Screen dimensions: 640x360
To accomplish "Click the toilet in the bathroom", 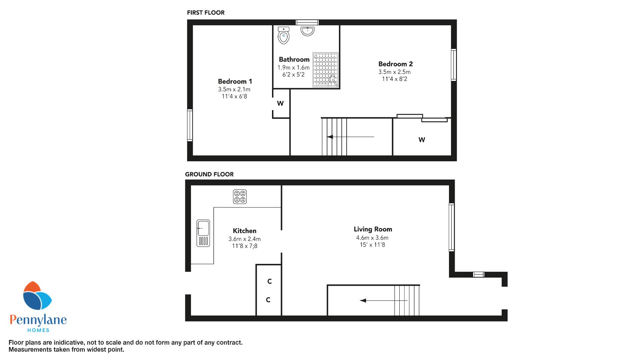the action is (x=283, y=35).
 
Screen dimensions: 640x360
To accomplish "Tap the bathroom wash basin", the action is (x=307, y=31).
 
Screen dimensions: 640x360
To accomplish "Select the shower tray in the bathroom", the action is (x=325, y=70).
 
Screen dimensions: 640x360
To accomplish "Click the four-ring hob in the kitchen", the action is (x=240, y=196).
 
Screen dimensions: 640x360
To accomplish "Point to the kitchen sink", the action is (x=203, y=233).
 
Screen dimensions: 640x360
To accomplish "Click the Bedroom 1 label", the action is (x=235, y=81).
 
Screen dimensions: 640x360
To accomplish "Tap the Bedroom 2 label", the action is (x=396, y=64).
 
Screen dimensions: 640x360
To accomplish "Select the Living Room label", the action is (x=373, y=229).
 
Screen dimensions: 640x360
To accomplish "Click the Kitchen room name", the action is (x=245, y=231).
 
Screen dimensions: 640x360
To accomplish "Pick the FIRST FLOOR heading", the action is (x=206, y=13).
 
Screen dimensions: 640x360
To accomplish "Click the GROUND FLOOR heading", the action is (x=209, y=174).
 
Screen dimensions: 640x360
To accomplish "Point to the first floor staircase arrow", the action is (x=351, y=137).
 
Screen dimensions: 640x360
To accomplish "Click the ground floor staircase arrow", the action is (x=384, y=301).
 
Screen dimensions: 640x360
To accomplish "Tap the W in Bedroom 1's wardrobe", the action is (x=280, y=103).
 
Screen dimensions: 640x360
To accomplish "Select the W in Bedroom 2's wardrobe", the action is (x=422, y=140).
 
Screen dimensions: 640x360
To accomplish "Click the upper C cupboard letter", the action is (x=269, y=282).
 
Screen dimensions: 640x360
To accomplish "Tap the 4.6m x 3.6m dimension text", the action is (x=372, y=238).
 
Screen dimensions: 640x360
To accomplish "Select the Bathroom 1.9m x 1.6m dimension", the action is (x=294, y=68).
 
